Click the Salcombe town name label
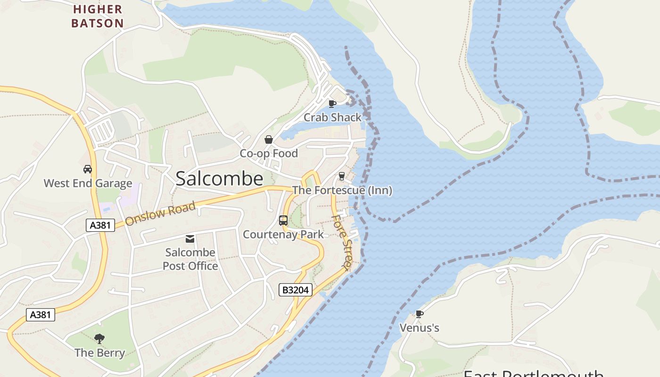pyautogui.click(x=219, y=179)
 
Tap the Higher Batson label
pyautogui.click(x=98, y=16)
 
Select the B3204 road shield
pyautogui.click(x=296, y=290)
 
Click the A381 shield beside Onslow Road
pyautogui.click(x=100, y=225)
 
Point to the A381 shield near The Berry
pyautogui.click(x=40, y=315)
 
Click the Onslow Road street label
pyautogui.click(x=160, y=213)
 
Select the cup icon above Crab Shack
pyautogui.click(x=332, y=104)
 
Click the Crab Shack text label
pyautogui.click(x=332, y=117)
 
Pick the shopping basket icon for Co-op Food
pyautogui.click(x=269, y=139)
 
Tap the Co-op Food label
pyautogui.click(x=269, y=154)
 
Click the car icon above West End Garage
pyautogui.click(x=88, y=169)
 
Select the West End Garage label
pyautogui.click(x=88, y=183)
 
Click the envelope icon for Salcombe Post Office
pyautogui.click(x=190, y=239)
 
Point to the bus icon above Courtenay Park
pyautogui.click(x=283, y=221)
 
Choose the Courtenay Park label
pyautogui.click(x=283, y=234)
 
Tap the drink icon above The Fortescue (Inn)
pyautogui.click(x=342, y=176)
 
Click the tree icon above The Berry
pyautogui.click(x=99, y=338)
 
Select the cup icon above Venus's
pyautogui.click(x=419, y=314)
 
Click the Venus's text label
pyautogui.click(x=419, y=328)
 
